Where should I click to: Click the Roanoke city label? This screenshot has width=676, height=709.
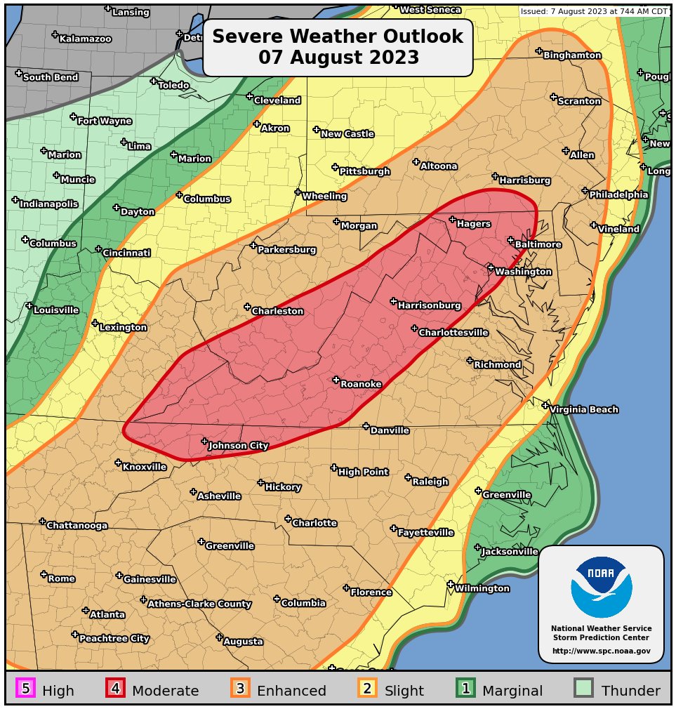coord(361,384)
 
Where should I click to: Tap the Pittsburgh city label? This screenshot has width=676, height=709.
coord(364,171)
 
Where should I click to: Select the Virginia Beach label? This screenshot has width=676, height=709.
coord(584,410)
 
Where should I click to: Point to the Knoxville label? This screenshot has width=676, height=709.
coord(145,468)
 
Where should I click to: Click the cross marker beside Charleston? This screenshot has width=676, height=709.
coord(247,307)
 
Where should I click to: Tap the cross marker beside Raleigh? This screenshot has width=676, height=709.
coord(408,477)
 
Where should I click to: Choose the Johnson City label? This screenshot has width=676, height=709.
coord(239,446)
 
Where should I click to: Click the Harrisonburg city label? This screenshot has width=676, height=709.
coord(429,305)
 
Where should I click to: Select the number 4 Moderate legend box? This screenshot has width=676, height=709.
coord(116,689)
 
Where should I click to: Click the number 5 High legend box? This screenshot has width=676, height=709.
coord(26,689)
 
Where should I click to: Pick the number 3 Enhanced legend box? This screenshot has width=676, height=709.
coord(240,689)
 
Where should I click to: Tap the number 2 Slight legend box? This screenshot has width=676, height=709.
coord(367,689)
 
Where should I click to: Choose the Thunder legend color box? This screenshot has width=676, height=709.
coord(584,689)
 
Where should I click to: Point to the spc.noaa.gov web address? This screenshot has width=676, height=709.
coord(601,651)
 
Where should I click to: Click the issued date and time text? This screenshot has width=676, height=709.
coord(594,11)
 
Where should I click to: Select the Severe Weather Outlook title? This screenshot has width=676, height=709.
coord(338,47)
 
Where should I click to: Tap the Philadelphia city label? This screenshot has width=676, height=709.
coord(618,195)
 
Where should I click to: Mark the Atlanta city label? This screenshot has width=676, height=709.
coord(107,615)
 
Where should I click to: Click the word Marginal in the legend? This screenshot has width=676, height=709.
coord(512,691)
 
